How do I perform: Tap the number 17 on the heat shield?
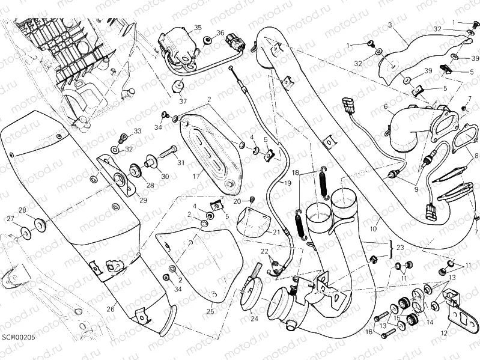(195, 177)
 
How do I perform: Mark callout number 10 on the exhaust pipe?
(374, 229)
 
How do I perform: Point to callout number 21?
(276, 233)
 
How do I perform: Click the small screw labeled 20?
(252, 200)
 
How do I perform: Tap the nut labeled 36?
(207, 40)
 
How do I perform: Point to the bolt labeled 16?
(387, 331)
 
